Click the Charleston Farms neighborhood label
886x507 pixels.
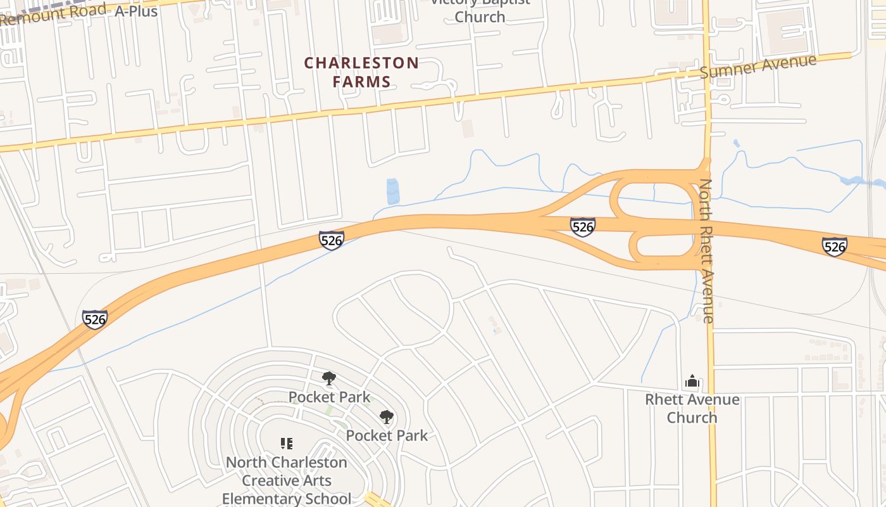click(361, 72)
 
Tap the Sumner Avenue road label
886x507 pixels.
click(758, 66)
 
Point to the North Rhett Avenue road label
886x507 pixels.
click(707, 251)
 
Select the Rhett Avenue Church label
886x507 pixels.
click(692, 408)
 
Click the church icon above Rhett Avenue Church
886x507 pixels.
click(692, 381)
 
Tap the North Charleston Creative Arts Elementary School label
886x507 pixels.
click(287, 480)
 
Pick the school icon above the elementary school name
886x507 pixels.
click(287, 444)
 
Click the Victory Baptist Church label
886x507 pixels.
click(480, 9)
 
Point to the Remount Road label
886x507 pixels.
click(53, 13)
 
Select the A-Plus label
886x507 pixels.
click(135, 11)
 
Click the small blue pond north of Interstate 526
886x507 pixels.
click(393, 191)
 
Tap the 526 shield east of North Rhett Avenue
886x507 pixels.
click(835, 246)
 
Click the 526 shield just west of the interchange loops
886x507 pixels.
click(582, 226)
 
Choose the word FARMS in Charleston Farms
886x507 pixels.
click(361, 82)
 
